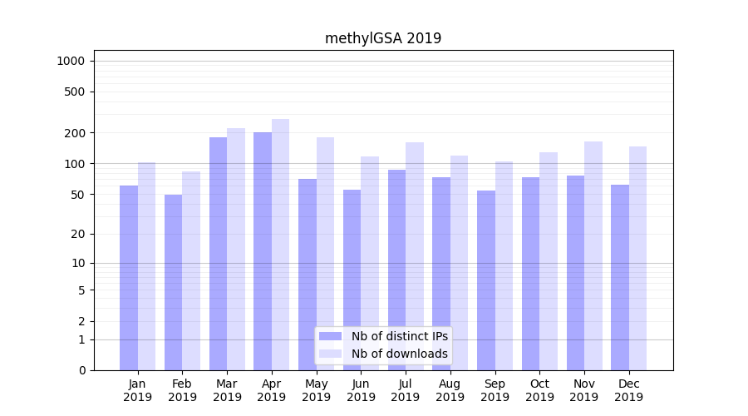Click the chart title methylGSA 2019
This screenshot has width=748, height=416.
[x=383, y=38]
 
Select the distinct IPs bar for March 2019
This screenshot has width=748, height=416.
[x=218, y=254]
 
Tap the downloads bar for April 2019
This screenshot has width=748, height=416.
[x=280, y=245]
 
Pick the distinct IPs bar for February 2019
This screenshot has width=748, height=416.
[x=173, y=282]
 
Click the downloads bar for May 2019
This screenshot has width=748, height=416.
[x=325, y=254]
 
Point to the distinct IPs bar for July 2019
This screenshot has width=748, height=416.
[x=396, y=270]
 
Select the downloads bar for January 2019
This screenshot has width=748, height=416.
[x=146, y=266]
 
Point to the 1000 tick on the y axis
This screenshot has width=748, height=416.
[x=71, y=61]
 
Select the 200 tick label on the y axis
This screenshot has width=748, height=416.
[x=76, y=133]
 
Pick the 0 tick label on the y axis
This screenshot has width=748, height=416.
[x=82, y=370]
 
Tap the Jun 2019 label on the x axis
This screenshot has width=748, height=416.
[x=361, y=390]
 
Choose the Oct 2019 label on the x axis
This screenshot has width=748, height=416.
[x=539, y=390]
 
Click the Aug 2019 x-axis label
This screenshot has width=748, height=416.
[x=450, y=390]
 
